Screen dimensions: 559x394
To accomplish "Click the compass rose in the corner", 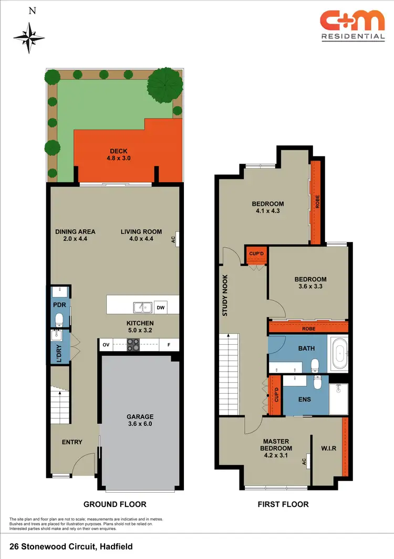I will (30, 36).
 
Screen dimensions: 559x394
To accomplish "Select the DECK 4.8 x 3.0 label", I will (119, 154).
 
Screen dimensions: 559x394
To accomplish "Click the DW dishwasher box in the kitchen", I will (161, 307).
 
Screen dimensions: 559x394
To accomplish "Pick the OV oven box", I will (106, 345).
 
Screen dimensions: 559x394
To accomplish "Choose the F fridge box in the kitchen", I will (169, 345).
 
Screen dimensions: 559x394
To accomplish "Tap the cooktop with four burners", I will (133, 345).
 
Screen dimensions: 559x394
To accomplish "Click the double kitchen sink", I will (142, 307).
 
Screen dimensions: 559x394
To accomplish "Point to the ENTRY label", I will (72, 442).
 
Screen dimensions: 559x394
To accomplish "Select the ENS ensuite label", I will (304, 400).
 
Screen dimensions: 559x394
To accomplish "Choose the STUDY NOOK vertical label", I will (225, 295).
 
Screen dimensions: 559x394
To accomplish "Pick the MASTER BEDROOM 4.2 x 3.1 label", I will (276, 445).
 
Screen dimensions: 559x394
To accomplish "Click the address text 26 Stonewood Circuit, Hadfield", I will (71, 547).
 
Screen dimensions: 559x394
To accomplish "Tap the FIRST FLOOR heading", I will (283, 504).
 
